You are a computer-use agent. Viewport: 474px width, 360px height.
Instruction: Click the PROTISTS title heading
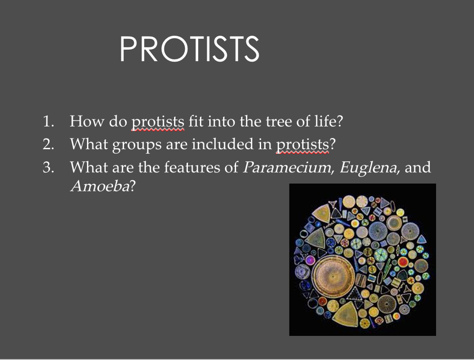coord(189,49)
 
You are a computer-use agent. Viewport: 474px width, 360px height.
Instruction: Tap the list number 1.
coord(49,121)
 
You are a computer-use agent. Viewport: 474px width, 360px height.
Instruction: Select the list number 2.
coord(49,144)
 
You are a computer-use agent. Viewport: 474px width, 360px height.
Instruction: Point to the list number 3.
coord(49,167)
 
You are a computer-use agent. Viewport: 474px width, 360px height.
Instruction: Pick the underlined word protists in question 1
coord(158,122)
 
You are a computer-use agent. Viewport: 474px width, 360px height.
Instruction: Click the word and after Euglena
coord(418,167)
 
